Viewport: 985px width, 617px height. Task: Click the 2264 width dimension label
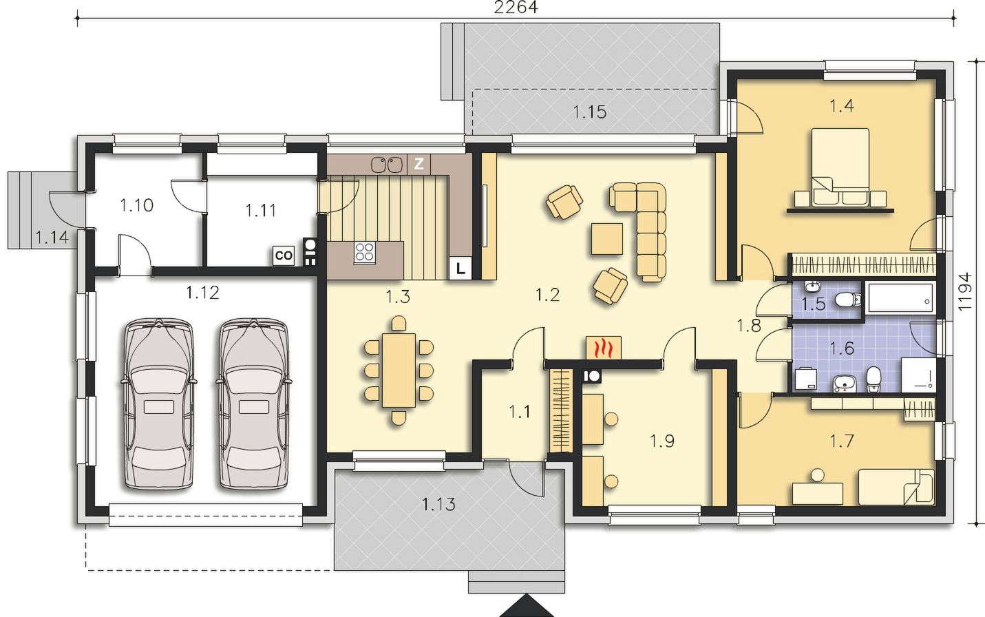pyautogui.click(x=516, y=8)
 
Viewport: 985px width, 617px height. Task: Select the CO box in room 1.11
pyautogui.click(x=283, y=255)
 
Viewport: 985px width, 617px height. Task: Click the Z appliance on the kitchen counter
pyautogui.click(x=419, y=164)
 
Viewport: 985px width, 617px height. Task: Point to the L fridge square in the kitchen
pyautogui.click(x=460, y=268)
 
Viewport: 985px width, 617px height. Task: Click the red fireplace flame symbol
pyautogui.click(x=604, y=348)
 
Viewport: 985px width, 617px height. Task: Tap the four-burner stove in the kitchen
pyautogui.click(x=365, y=253)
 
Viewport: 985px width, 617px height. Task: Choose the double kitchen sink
pyautogui.click(x=387, y=165)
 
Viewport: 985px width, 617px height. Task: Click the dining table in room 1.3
pyautogui.click(x=399, y=370)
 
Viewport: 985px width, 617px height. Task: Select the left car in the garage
pyautogui.click(x=158, y=404)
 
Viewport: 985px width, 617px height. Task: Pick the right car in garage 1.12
pyautogui.click(x=253, y=404)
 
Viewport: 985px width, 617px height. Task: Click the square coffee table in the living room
pyautogui.click(x=607, y=239)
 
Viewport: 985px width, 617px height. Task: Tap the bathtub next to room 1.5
pyautogui.click(x=900, y=298)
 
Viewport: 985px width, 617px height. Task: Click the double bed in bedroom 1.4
pyautogui.click(x=840, y=167)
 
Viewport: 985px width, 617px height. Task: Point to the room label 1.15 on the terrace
pyautogui.click(x=590, y=112)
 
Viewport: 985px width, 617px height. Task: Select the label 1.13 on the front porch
pyautogui.click(x=438, y=505)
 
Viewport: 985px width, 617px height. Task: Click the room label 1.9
pyautogui.click(x=661, y=441)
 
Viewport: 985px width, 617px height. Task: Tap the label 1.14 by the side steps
pyautogui.click(x=52, y=238)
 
